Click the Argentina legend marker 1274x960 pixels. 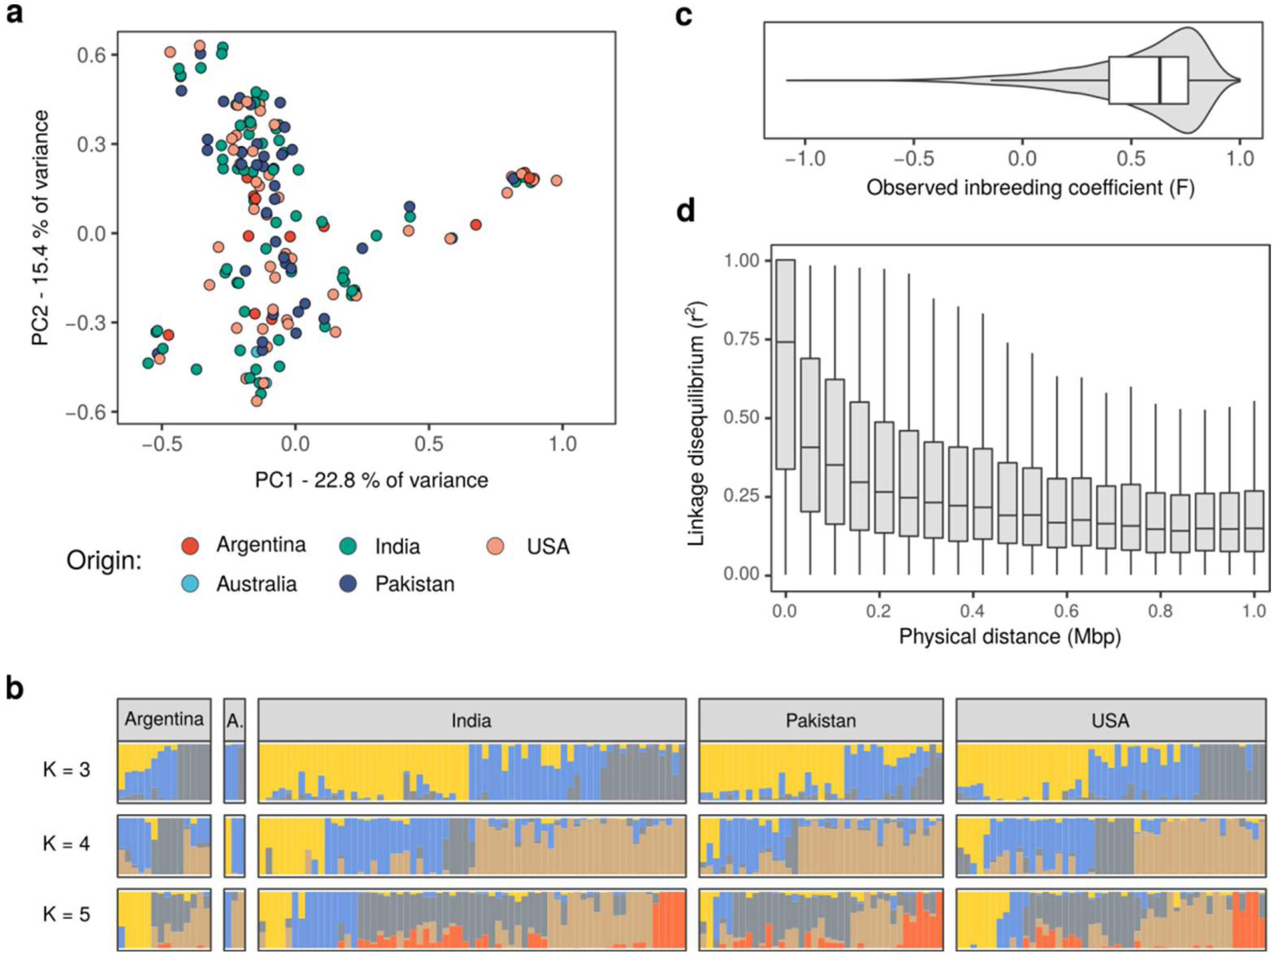point(190,545)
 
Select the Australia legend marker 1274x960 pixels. point(190,584)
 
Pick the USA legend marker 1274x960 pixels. point(495,545)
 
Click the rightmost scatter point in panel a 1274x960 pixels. point(556,181)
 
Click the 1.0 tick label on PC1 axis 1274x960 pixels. point(562,444)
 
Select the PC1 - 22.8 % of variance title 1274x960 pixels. point(372,480)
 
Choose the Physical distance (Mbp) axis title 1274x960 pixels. point(1010,637)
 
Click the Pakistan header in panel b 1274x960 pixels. point(821,720)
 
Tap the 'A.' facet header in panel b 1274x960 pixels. point(234,720)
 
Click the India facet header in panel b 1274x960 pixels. point(471,720)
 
